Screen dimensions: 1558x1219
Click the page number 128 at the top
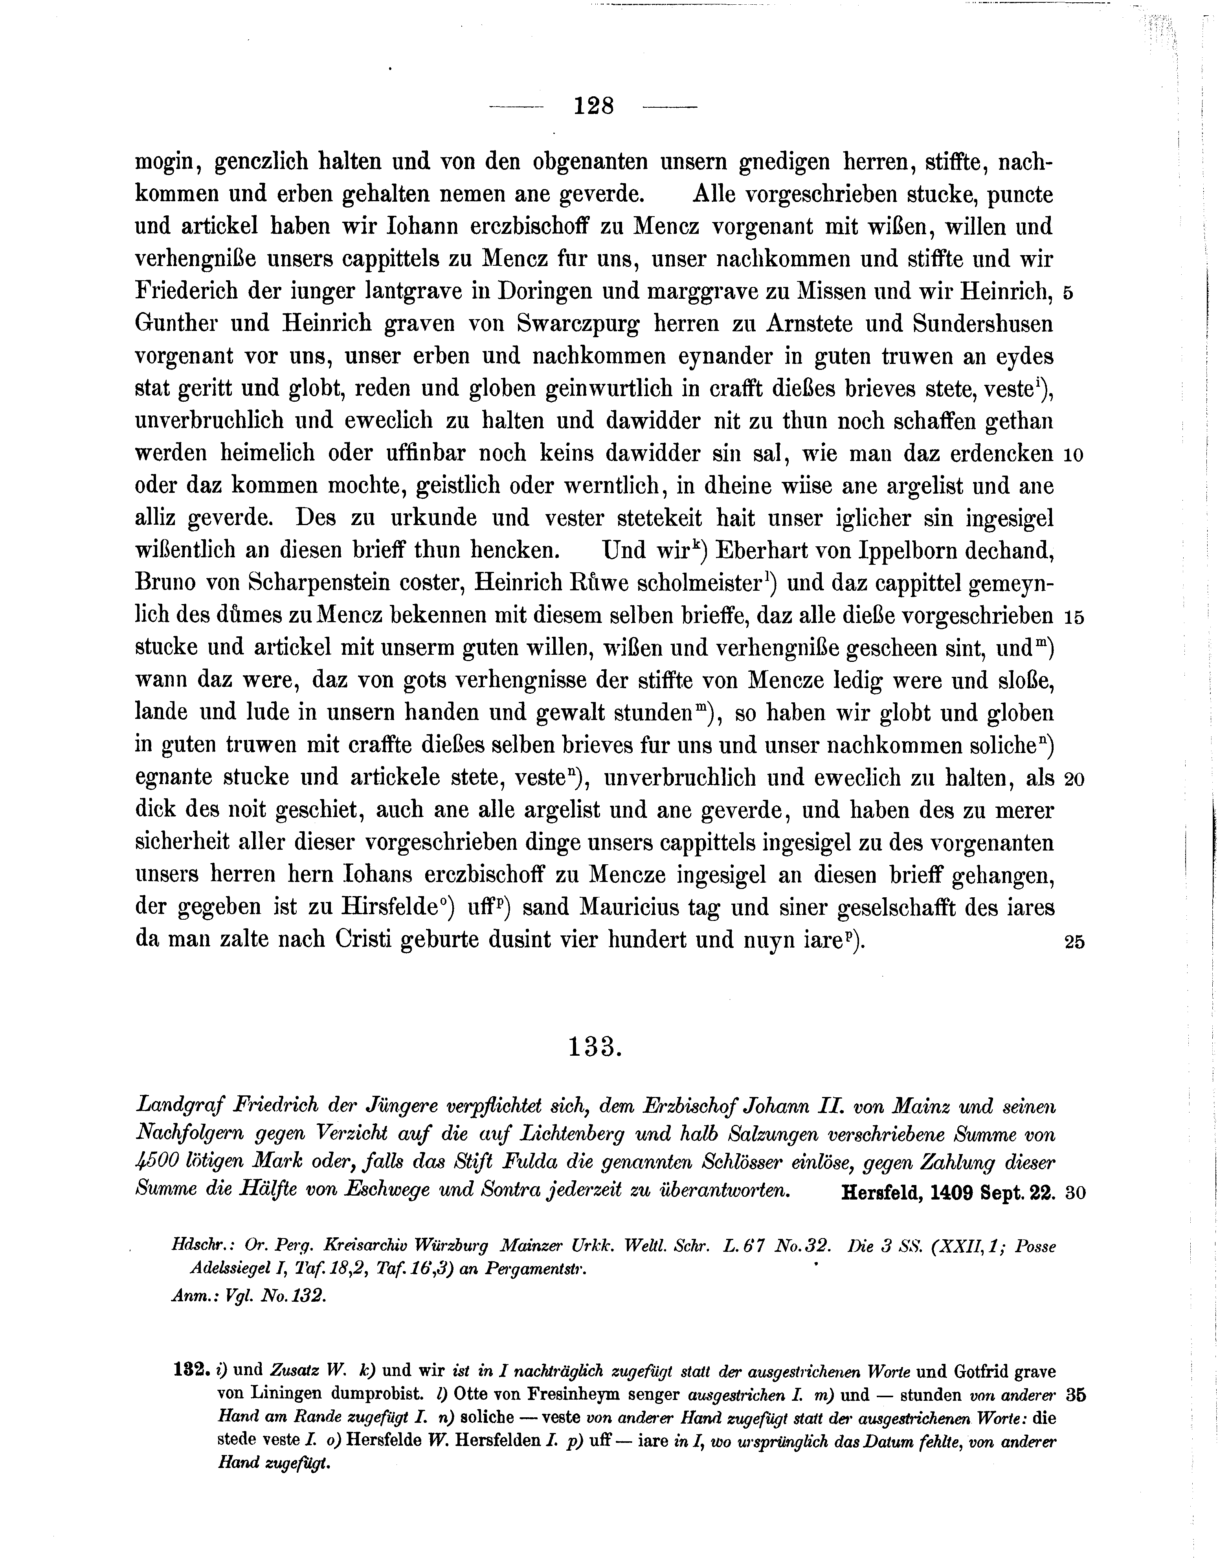pyautogui.click(x=593, y=107)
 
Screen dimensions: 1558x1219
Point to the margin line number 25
pyautogui.click(x=1074, y=942)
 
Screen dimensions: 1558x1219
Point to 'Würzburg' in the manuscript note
pyautogui.click(x=444, y=1246)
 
